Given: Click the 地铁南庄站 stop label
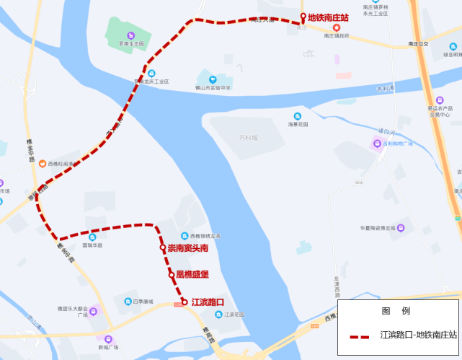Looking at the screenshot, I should pos(328,17).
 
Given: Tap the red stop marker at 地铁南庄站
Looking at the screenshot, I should pos(303,17).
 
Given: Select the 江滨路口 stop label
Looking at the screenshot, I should pos(208,302).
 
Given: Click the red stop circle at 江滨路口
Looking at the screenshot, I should pos(185,302).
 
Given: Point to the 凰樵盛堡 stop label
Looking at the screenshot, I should pos(192,275).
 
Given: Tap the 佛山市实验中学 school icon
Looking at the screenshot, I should pos(212,80).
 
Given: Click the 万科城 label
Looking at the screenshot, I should pos(248,137).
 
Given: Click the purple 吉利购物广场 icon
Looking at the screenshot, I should pos(375,144).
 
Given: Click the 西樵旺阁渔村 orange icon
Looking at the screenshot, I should pos(43,164).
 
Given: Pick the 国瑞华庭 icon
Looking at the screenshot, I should pos(92,237).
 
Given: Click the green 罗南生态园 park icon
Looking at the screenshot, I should pos(131,35).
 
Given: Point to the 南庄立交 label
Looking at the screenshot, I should pos(417,44).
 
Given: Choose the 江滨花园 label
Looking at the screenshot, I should pos(234,315).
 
